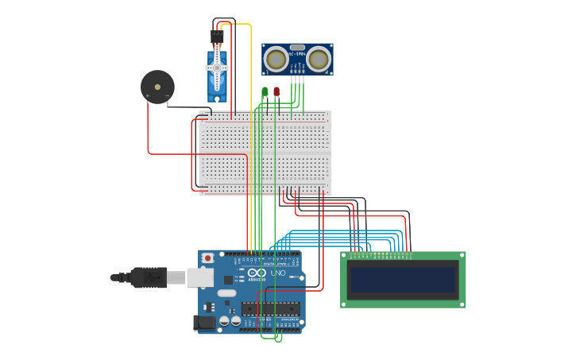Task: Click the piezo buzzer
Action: point(157,87)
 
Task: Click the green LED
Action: point(265,92)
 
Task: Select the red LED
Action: point(276,92)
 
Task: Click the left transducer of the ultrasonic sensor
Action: point(276,59)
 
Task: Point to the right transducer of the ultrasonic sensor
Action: point(319,59)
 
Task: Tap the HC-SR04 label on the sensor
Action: point(297,54)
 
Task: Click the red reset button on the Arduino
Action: point(208,258)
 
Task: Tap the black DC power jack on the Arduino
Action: point(204,323)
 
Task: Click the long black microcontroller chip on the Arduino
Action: point(270,308)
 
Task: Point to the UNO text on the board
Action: point(277,273)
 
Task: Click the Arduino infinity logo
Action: point(257,273)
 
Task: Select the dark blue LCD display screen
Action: point(404,279)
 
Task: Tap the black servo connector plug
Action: point(217,37)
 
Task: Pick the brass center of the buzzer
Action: point(157,87)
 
